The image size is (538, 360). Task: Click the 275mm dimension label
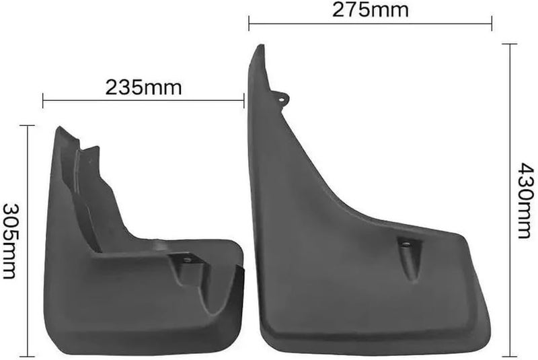pos(371,10)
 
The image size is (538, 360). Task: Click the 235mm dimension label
pos(143,87)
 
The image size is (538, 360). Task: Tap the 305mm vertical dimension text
pos(9,242)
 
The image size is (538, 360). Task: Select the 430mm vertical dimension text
pos(527,201)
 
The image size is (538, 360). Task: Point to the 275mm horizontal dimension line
pos(371,24)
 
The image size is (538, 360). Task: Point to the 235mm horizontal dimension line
pos(143,100)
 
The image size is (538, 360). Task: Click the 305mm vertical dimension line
pos(27,242)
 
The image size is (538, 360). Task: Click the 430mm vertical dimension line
pos(510,201)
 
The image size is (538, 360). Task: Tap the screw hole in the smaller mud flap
pos(188,260)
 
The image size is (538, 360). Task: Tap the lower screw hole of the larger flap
pos(406,244)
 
